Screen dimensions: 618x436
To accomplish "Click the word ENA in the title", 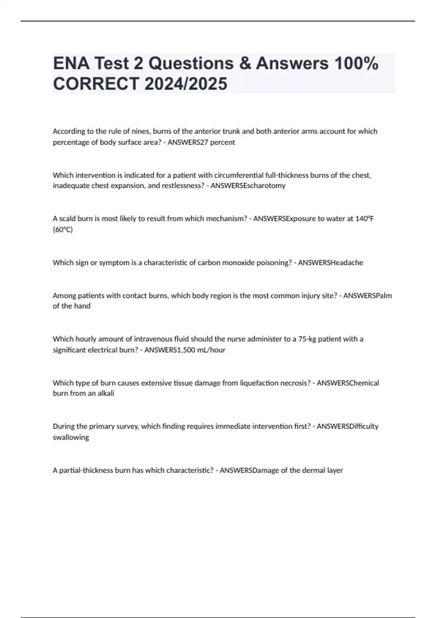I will point(71,64).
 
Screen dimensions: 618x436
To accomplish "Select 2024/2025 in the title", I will point(186,84).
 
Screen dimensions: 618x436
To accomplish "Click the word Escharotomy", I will point(266,185).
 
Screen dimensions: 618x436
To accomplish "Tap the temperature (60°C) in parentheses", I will point(63,229).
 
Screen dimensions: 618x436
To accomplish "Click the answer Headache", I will point(347,262).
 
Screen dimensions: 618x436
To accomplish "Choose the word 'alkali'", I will point(106,393).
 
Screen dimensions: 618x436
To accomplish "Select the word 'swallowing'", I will point(71,437).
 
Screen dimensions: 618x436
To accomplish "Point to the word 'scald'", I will point(67,218).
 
